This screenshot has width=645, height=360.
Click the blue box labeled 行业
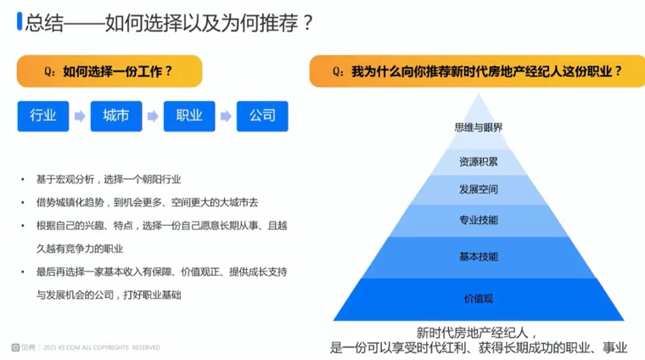(43, 116)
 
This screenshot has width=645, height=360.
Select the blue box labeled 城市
(116, 116)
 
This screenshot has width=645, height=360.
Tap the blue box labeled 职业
(189, 116)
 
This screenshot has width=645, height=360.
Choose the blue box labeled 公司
(262, 116)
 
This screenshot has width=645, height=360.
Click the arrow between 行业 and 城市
(80, 116)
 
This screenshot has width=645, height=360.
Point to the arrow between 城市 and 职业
(153, 116)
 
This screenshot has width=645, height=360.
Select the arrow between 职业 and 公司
(226, 116)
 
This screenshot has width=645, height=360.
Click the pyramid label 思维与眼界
(479, 127)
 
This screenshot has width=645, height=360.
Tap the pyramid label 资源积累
(479, 161)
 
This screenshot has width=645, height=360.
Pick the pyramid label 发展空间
(479, 189)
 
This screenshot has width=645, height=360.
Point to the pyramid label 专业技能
(479, 220)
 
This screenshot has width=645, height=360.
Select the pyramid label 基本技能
(479, 256)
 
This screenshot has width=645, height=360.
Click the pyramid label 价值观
(479, 299)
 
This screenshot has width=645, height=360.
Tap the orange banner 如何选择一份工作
(109, 71)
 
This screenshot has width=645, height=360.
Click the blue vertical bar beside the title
(20, 21)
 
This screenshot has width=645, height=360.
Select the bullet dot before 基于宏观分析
(23, 180)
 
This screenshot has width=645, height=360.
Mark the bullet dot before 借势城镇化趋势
(23, 203)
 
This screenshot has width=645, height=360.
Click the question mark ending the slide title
(307, 23)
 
